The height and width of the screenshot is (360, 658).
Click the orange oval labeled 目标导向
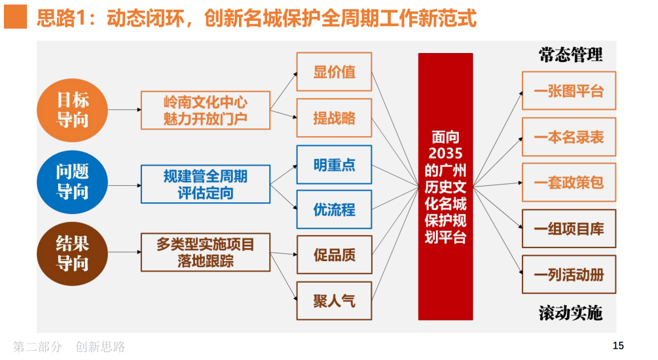click(x=72, y=109)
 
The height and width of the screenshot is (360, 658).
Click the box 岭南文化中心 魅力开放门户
click(x=206, y=110)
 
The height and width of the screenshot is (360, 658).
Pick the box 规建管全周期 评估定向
click(x=206, y=184)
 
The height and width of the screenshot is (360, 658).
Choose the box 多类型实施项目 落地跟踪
click(x=206, y=252)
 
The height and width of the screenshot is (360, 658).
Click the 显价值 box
click(x=334, y=71)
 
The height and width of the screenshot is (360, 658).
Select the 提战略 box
click(x=334, y=118)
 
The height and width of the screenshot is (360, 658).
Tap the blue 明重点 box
click(x=334, y=164)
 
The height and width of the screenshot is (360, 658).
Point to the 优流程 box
click(x=334, y=209)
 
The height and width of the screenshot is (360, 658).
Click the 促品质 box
click(x=334, y=255)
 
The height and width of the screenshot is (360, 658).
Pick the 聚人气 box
click(x=334, y=300)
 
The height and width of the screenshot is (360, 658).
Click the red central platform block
click(x=445, y=187)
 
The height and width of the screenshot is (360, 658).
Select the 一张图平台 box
click(x=568, y=91)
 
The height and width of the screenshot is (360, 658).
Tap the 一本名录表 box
click(x=568, y=137)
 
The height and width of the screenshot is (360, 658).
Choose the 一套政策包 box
click(x=568, y=183)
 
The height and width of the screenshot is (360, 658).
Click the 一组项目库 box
click(x=568, y=228)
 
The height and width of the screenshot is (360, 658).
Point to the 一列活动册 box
click(x=568, y=274)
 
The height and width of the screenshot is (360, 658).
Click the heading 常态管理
click(x=570, y=54)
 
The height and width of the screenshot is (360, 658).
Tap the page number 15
click(x=618, y=346)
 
